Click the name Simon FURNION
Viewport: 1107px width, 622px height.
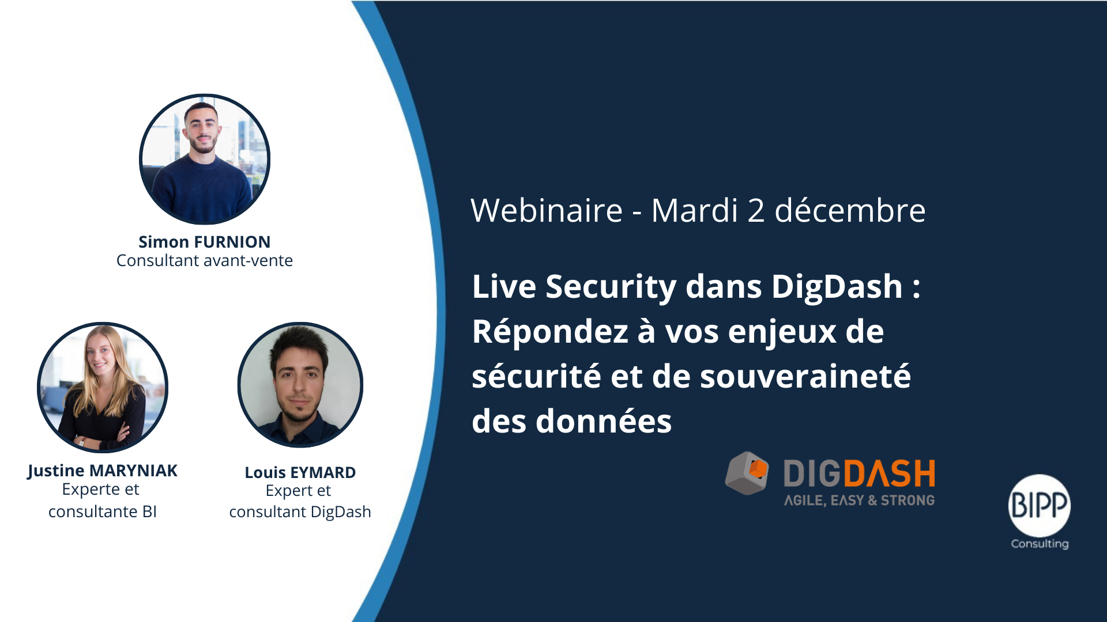(x=204, y=242)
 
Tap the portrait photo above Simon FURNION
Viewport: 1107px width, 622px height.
(x=205, y=160)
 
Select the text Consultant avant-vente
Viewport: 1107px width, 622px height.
(x=205, y=261)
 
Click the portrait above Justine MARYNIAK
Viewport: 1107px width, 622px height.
(x=103, y=387)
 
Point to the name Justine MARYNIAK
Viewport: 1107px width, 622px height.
(x=103, y=471)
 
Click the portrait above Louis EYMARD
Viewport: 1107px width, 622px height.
(x=300, y=385)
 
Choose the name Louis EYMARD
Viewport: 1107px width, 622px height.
(x=300, y=473)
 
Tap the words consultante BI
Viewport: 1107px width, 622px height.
(x=103, y=512)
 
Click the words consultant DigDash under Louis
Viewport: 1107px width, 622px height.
(x=300, y=512)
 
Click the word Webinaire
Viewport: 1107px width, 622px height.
(x=547, y=210)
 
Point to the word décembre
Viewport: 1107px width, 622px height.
(x=850, y=210)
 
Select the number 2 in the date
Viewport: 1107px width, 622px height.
(x=756, y=211)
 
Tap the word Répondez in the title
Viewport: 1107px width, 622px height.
(x=550, y=332)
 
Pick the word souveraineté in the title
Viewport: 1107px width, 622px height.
(x=805, y=377)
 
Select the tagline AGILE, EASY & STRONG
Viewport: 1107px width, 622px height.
(x=859, y=500)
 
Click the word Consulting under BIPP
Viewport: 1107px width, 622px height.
(x=1040, y=544)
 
